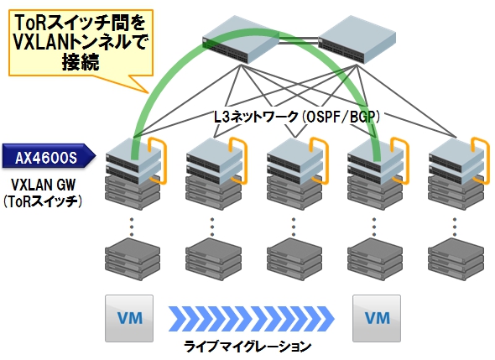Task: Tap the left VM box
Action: [129, 318]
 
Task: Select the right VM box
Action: [377, 318]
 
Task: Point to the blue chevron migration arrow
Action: [252, 318]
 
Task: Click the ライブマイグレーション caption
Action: [247, 347]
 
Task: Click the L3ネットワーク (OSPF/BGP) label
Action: [297, 117]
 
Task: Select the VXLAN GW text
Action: [44, 185]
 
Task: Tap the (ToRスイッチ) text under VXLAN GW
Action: [43, 201]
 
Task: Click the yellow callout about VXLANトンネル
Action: [81, 43]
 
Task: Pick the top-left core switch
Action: [241, 39]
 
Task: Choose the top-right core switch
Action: [357, 39]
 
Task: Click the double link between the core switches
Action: [299, 40]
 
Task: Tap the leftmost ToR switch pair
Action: [133, 160]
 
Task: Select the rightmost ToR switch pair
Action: [456, 160]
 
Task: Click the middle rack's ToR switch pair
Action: [294, 160]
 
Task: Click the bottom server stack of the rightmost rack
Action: [456, 259]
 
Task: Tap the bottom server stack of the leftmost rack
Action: [133, 259]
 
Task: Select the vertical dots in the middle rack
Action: [294, 227]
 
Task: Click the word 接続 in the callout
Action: [81, 62]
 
